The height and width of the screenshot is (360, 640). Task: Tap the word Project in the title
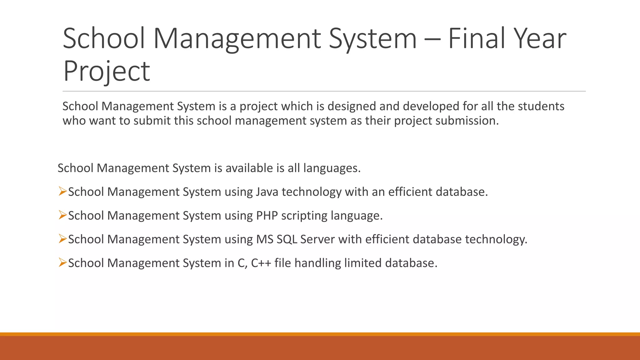click(107, 71)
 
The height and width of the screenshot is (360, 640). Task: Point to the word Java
click(267, 192)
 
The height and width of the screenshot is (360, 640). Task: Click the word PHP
click(267, 216)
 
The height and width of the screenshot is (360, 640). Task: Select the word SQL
click(287, 239)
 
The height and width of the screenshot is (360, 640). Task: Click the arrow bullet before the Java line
click(62, 191)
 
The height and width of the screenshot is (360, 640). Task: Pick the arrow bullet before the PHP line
click(62, 215)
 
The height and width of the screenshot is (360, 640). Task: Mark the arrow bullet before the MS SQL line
click(62, 239)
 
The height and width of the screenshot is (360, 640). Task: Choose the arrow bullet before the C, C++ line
click(62, 262)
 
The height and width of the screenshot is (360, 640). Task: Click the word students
click(541, 106)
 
